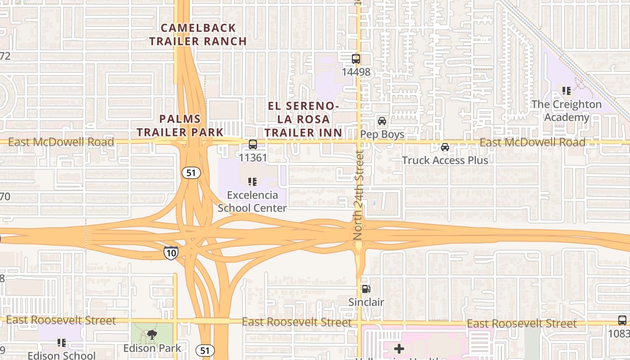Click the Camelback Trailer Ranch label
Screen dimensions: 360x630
(198, 35)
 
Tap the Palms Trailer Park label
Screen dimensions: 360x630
(180, 126)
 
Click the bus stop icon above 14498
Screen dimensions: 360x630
(356, 58)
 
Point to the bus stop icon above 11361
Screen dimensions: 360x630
(253, 144)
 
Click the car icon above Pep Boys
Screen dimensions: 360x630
(382, 121)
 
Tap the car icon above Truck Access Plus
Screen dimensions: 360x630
(445, 147)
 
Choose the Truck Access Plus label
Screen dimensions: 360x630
(445, 160)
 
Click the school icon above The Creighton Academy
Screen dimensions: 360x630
(567, 91)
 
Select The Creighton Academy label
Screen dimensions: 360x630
(567, 111)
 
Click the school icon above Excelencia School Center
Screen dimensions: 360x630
(252, 182)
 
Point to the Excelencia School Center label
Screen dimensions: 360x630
(252, 202)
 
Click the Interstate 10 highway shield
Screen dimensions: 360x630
(171, 253)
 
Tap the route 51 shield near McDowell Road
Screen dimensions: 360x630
(191, 172)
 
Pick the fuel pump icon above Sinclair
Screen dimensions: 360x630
(366, 289)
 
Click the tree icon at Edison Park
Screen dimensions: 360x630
(152, 334)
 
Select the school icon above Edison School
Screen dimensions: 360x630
(62, 343)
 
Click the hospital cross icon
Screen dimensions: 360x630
(399, 348)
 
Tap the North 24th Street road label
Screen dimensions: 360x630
(359, 194)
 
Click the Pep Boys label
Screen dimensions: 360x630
(382, 135)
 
